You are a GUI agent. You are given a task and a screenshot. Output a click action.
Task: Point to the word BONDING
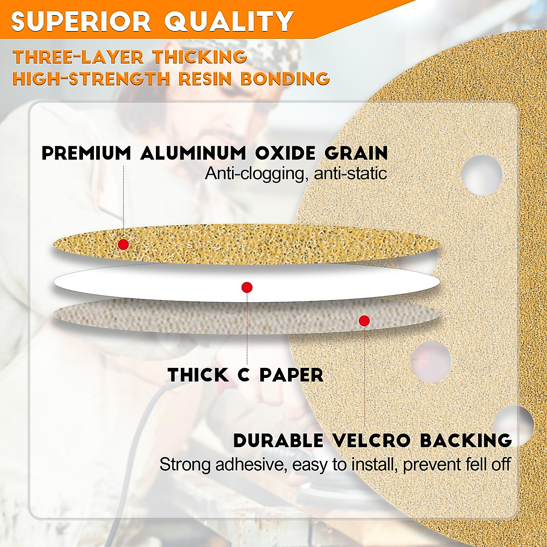(x=285, y=78)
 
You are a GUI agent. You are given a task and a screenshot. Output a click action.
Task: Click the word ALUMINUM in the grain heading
(x=194, y=153)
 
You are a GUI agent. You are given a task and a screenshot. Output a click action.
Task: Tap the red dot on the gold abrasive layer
(x=123, y=244)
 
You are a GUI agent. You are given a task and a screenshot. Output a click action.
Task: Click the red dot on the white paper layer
(x=247, y=287)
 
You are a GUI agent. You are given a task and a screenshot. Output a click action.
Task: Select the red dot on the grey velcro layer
(x=364, y=321)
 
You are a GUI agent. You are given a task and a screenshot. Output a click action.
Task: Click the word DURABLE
(x=278, y=441)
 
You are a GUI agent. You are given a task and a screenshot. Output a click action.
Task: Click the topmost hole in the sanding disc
(x=482, y=175)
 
